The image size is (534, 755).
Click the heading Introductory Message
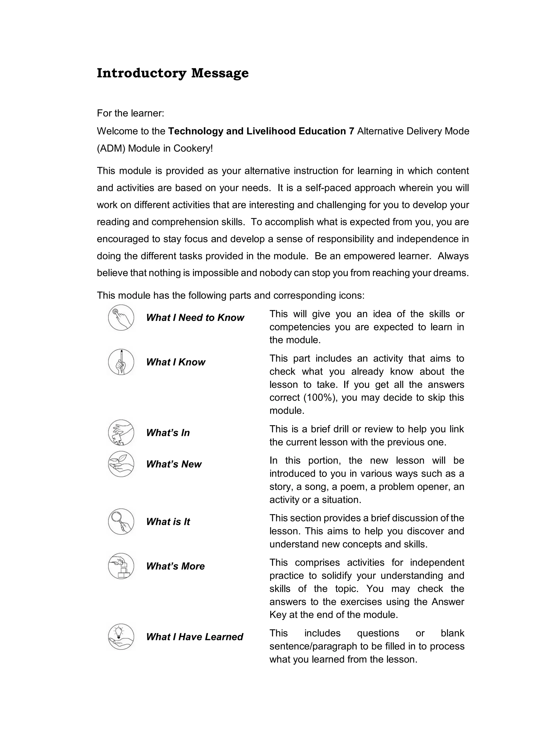click(x=173, y=73)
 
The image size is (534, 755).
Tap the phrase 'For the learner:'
click(x=130, y=113)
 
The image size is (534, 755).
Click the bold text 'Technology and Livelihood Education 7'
click(x=261, y=131)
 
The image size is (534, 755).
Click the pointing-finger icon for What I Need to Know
click(x=121, y=318)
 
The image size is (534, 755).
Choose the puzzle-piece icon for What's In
click(x=121, y=433)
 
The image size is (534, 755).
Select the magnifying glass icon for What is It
click(x=121, y=521)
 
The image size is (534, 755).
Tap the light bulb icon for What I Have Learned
click(x=121, y=637)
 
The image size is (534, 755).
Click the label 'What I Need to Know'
click(x=195, y=318)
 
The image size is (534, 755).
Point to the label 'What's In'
click(x=168, y=433)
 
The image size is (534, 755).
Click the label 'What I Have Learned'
click(x=194, y=637)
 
